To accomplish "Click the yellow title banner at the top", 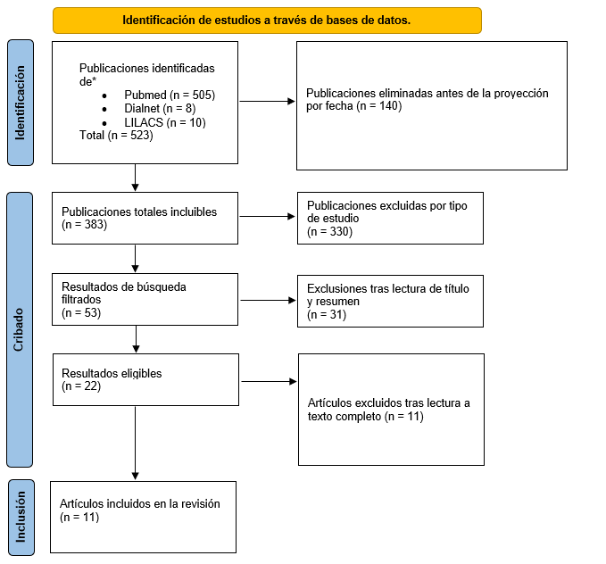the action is coord(267,21).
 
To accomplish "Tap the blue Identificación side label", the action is coord(21,103).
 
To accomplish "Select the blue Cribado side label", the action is coord(20,329).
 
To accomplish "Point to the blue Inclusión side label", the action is coord(21,518).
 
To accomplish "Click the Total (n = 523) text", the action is coord(116,136).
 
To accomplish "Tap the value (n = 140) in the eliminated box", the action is coord(379,106).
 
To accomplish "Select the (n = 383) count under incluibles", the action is coord(84,224).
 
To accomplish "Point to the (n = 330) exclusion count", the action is coord(329,231).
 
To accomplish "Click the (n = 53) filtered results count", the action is coord(81,312).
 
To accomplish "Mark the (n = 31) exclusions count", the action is coord(327,314).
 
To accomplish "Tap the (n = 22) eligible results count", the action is coord(81,386).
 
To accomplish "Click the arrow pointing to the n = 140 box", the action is coord(268,101).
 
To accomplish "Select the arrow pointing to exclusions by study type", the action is coord(268,217).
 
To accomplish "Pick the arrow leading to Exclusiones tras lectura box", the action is coord(269,301).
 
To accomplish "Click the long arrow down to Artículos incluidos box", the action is coord(136,443).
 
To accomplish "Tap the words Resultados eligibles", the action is coord(112,373).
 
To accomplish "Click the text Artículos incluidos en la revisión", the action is coord(140,503).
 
